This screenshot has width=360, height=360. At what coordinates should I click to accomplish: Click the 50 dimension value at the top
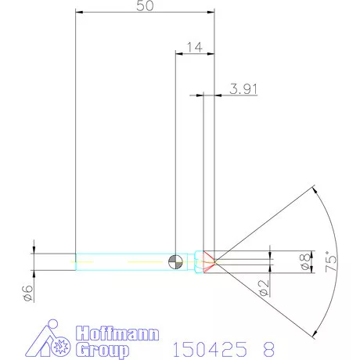(144, 5)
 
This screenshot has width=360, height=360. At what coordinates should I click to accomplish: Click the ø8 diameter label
(304, 263)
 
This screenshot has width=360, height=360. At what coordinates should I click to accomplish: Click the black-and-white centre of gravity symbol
(178, 261)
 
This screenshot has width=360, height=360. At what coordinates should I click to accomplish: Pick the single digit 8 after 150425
(269, 345)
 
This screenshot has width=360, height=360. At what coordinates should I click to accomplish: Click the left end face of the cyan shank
(75, 261)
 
